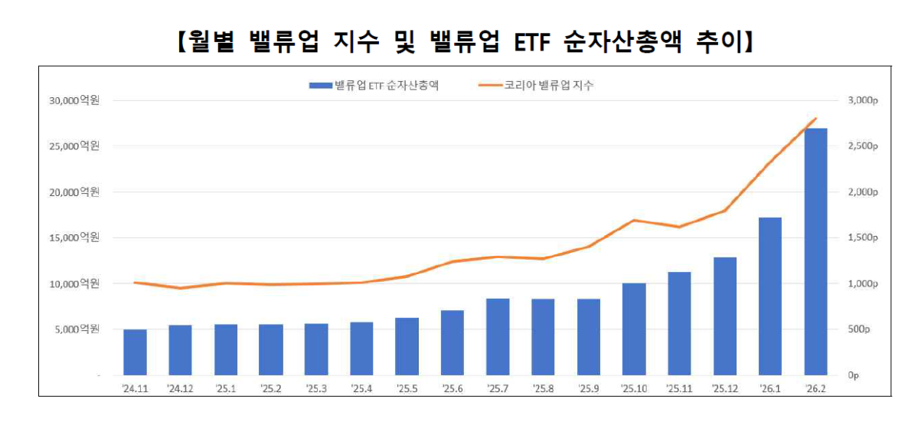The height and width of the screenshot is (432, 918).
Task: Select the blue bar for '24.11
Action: [x=135, y=352]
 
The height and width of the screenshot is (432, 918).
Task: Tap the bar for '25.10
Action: [x=634, y=329]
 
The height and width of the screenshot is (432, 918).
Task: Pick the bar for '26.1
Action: [x=770, y=296]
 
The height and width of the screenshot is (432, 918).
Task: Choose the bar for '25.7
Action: [x=498, y=337]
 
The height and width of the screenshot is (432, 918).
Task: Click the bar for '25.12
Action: [x=724, y=316]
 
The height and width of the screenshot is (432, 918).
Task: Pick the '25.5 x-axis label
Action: [x=407, y=388]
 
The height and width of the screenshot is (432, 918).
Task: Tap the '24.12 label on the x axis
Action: [x=181, y=388]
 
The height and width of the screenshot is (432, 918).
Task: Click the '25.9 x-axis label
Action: [x=589, y=388]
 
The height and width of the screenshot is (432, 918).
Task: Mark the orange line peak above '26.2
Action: [x=816, y=119]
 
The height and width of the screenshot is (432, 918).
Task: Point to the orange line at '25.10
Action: [x=634, y=221]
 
